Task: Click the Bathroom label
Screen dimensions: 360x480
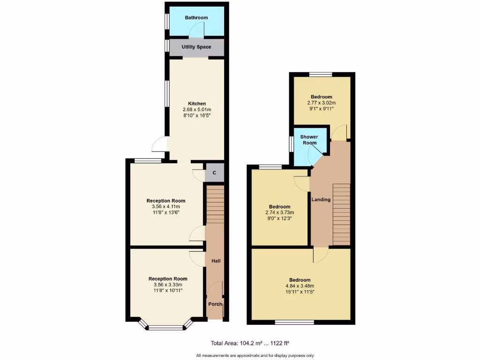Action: coord(196,18)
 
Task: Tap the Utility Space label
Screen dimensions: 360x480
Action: coord(196,47)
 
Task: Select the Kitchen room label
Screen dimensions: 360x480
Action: coord(197,104)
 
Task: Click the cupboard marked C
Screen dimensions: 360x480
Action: coord(214,173)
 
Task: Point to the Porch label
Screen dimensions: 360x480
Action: coord(215,304)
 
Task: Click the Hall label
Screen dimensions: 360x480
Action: coord(216,261)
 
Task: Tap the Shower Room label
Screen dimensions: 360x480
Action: coord(309,140)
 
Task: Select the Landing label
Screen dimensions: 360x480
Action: coord(321,200)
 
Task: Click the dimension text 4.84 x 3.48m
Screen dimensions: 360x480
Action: coord(300,286)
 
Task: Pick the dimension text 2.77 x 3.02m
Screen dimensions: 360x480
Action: coord(322,103)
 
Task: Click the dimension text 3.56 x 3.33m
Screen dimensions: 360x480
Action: coord(167,285)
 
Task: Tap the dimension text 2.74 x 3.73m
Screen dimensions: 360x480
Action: coord(279,212)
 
